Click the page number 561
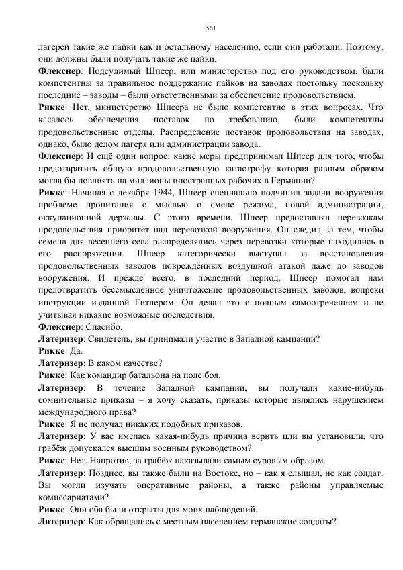tap(210, 28)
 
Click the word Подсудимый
tap(116, 70)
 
